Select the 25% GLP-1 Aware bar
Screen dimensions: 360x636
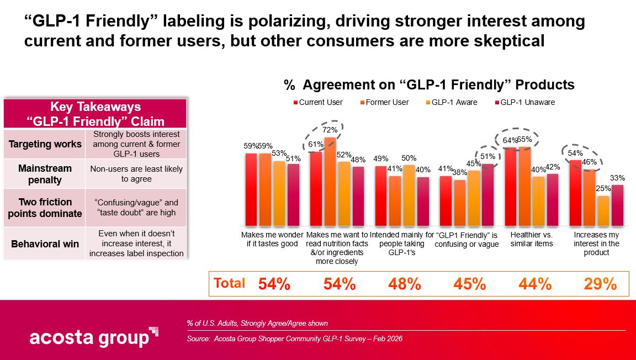point(603,211)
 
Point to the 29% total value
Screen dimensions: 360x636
point(600,284)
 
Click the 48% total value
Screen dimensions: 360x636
point(405,284)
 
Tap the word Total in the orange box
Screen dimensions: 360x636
point(229,283)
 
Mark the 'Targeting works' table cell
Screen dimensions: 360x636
point(45,144)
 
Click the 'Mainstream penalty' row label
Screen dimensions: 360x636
point(45,174)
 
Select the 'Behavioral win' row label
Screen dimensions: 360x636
point(45,243)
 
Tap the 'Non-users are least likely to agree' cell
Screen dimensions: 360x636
point(136,174)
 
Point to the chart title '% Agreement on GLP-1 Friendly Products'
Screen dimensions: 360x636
point(429,85)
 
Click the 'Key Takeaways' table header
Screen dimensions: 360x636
point(96,114)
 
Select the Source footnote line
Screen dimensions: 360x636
point(294,338)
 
